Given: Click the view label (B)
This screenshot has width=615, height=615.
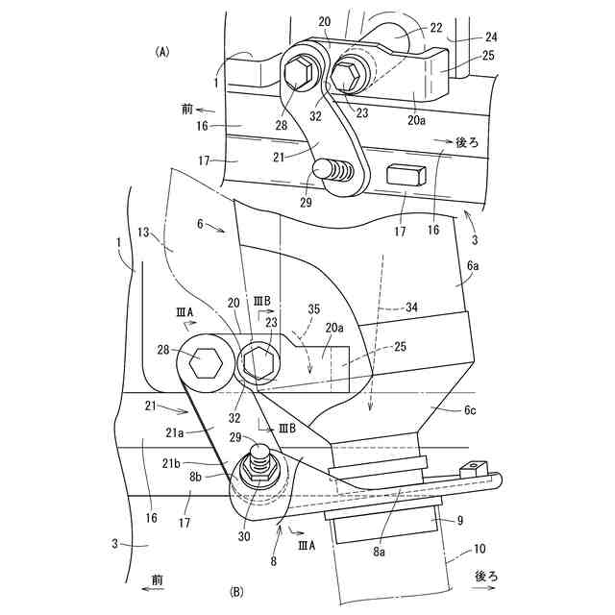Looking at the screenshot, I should [x=236, y=593].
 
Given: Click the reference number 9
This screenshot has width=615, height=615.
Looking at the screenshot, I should [x=459, y=520].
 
